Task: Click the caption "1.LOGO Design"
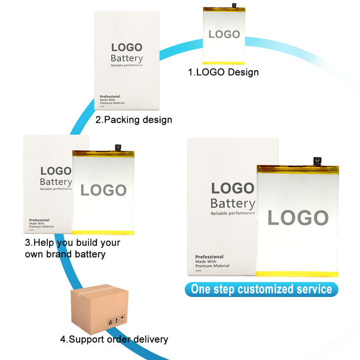223,72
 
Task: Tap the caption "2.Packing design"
134,120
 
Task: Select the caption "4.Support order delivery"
114,339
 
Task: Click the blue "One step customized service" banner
261,289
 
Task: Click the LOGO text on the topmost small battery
224,34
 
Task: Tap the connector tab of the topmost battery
234,5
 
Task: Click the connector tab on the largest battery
318,160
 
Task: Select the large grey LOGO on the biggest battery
298,218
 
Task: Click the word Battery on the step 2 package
127,58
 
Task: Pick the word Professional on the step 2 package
110,96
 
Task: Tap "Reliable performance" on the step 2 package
127,66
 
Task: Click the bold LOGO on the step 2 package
127,47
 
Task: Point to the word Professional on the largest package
209,257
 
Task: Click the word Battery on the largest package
232,204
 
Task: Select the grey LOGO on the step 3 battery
103,190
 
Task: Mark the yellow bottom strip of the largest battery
297,274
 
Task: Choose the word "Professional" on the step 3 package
39,220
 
